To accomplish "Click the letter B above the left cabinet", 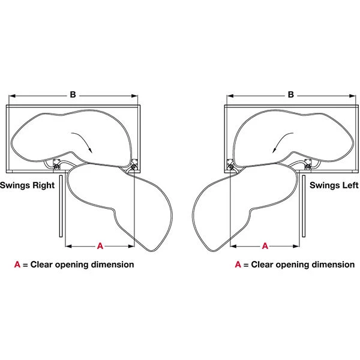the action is point(73,95).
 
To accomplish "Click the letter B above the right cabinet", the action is point(291,95).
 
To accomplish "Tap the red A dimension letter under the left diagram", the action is point(100,246).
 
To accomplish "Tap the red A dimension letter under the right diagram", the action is point(265,246).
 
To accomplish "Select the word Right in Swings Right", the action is point(43,185).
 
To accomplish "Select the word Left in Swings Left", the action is point(349,185).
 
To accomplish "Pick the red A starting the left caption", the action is point(17,265).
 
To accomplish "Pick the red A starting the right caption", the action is point(238,265).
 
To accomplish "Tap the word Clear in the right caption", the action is point(262,265).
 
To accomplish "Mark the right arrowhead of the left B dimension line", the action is point(135,96).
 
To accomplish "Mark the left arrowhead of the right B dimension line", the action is point(230,96).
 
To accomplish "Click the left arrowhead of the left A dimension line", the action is point(68,247).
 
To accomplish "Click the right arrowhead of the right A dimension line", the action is point(296,247).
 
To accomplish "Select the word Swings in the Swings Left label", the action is point(324,185).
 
